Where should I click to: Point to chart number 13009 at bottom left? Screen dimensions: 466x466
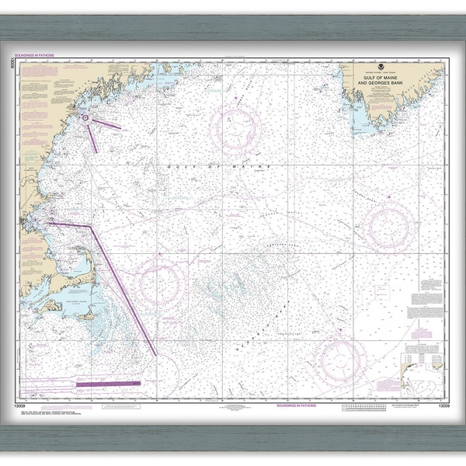click(x=31, y=405)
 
